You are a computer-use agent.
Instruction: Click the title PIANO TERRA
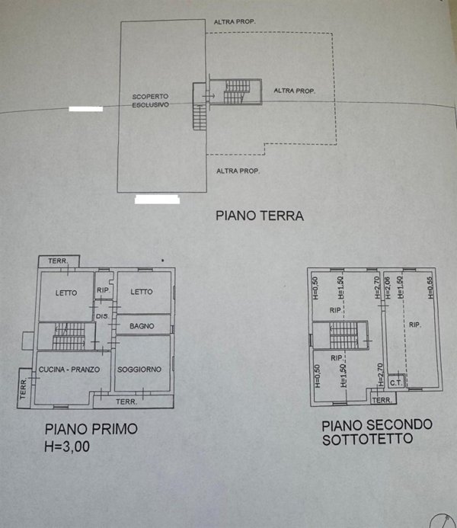[x=260, y=216]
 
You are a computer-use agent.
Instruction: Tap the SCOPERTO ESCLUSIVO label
[x=150, y=101]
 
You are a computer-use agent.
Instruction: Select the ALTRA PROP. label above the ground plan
[x=234, y=21]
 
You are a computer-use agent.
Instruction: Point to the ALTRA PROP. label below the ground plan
[x=238, y=171]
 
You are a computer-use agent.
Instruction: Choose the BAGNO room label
[x=142, y=326]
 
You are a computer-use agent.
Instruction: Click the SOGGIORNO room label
[x=139, y=370]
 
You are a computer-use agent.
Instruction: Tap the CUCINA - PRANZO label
[x=69, y=370]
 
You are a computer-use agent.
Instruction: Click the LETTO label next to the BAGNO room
[x=141, y=292]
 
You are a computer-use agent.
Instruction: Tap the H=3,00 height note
[x=68, y=447]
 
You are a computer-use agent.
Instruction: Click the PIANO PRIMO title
[x=91, y=429]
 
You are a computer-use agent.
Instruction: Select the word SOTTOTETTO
[x=367, y=440]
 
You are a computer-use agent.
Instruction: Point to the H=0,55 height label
[x=430, y=289]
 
